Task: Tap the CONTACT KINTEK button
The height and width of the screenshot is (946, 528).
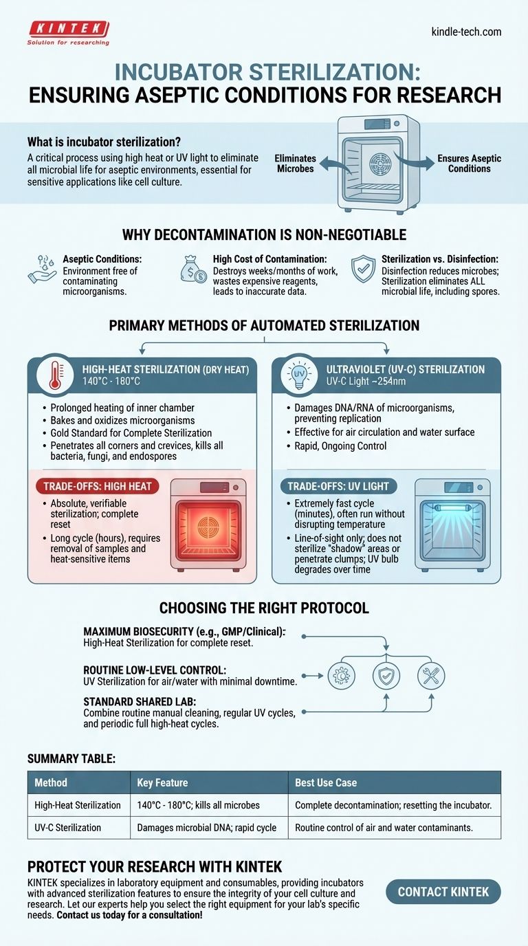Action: (x=443, y=892)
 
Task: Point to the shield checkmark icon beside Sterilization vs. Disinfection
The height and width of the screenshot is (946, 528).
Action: (x=364, y=269)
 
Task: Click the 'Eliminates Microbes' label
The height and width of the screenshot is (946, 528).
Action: (x=294, y=163)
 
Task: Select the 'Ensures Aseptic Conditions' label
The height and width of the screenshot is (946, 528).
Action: (x=469, y=163)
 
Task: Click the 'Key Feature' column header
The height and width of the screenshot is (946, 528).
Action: (x=162, y=782)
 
